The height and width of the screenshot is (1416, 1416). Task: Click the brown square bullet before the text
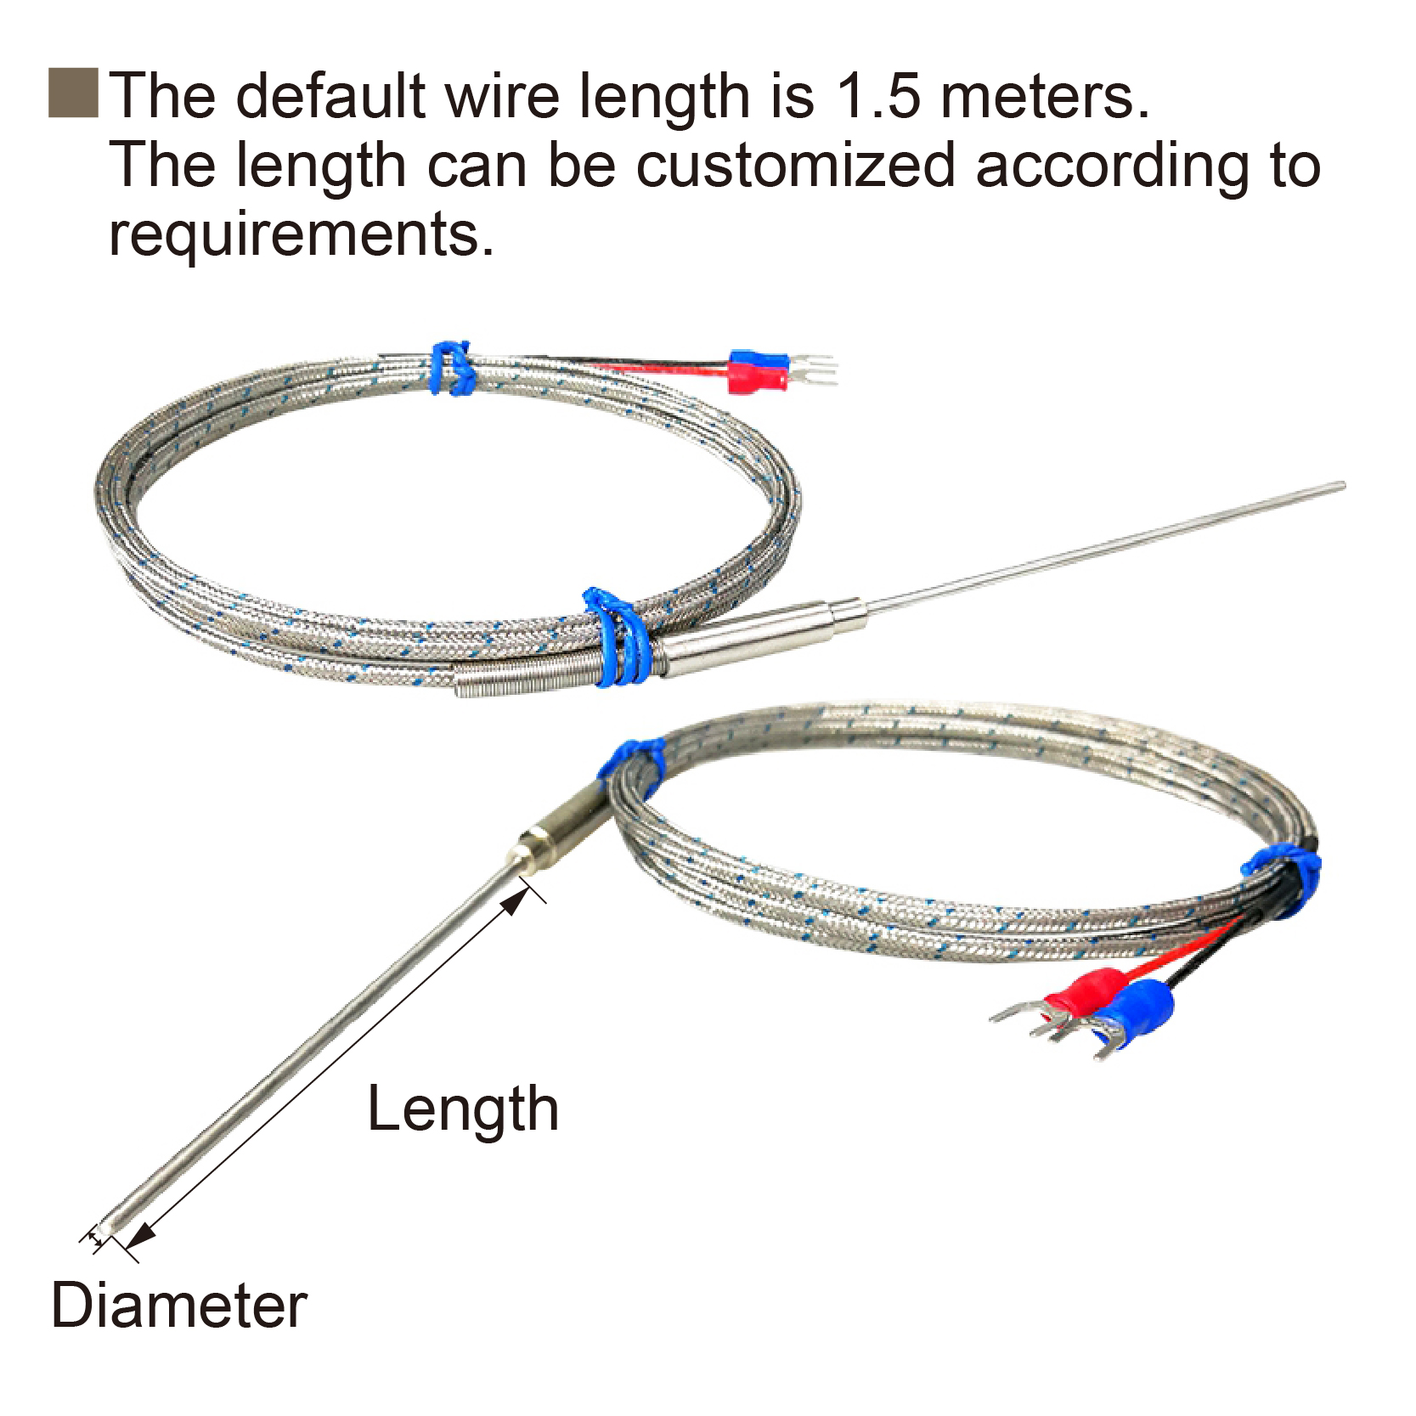pyautogui.click(x=73, y=93)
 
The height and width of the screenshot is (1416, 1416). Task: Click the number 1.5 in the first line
pyautogui.click(x=878, y=95)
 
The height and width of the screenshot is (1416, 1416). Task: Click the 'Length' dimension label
pyautogui.click(x=463, y=1110)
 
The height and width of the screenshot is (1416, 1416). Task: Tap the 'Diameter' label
pyautogui.click(x=179, y=1306)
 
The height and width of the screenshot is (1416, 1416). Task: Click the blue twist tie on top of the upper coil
pyautogui.click(x=451, y=368)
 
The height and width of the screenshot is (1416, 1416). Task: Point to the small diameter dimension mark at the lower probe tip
pyautogui.click(x=96, y=1241)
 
